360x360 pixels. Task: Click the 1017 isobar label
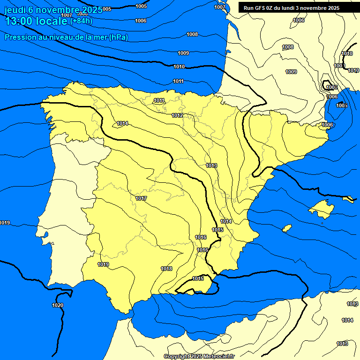(x=141, y=199)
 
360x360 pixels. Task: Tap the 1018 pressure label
(x=166, y=269)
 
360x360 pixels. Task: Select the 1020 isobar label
(x=58, y=305)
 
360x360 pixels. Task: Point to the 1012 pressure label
(x=177, y=115)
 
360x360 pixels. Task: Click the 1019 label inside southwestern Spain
(x=103, y=265)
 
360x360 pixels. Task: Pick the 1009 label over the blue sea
(x=183, y=53)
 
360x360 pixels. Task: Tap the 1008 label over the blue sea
(x=192, y=34)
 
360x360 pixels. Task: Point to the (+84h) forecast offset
(x=81, y=21)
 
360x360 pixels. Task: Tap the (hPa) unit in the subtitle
(x=119, y=37)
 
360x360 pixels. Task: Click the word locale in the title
(x=52, y=21)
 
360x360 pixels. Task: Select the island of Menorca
(x=348, y=199)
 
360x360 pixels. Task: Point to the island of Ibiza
(x=287, y=228)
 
